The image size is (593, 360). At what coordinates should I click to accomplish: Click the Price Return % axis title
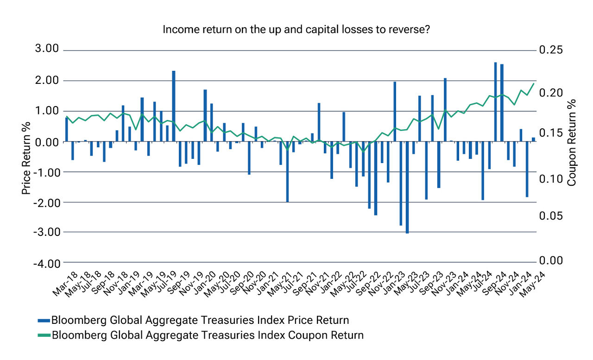point(26,158)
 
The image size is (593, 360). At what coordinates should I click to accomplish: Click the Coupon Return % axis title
point(572,142)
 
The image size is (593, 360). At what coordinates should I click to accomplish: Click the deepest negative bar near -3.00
point(407,187)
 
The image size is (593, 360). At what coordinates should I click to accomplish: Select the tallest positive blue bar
point(495,102)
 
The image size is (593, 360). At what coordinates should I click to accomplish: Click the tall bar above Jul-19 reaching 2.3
point(174,106)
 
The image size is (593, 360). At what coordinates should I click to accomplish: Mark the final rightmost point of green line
point(534,83)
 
